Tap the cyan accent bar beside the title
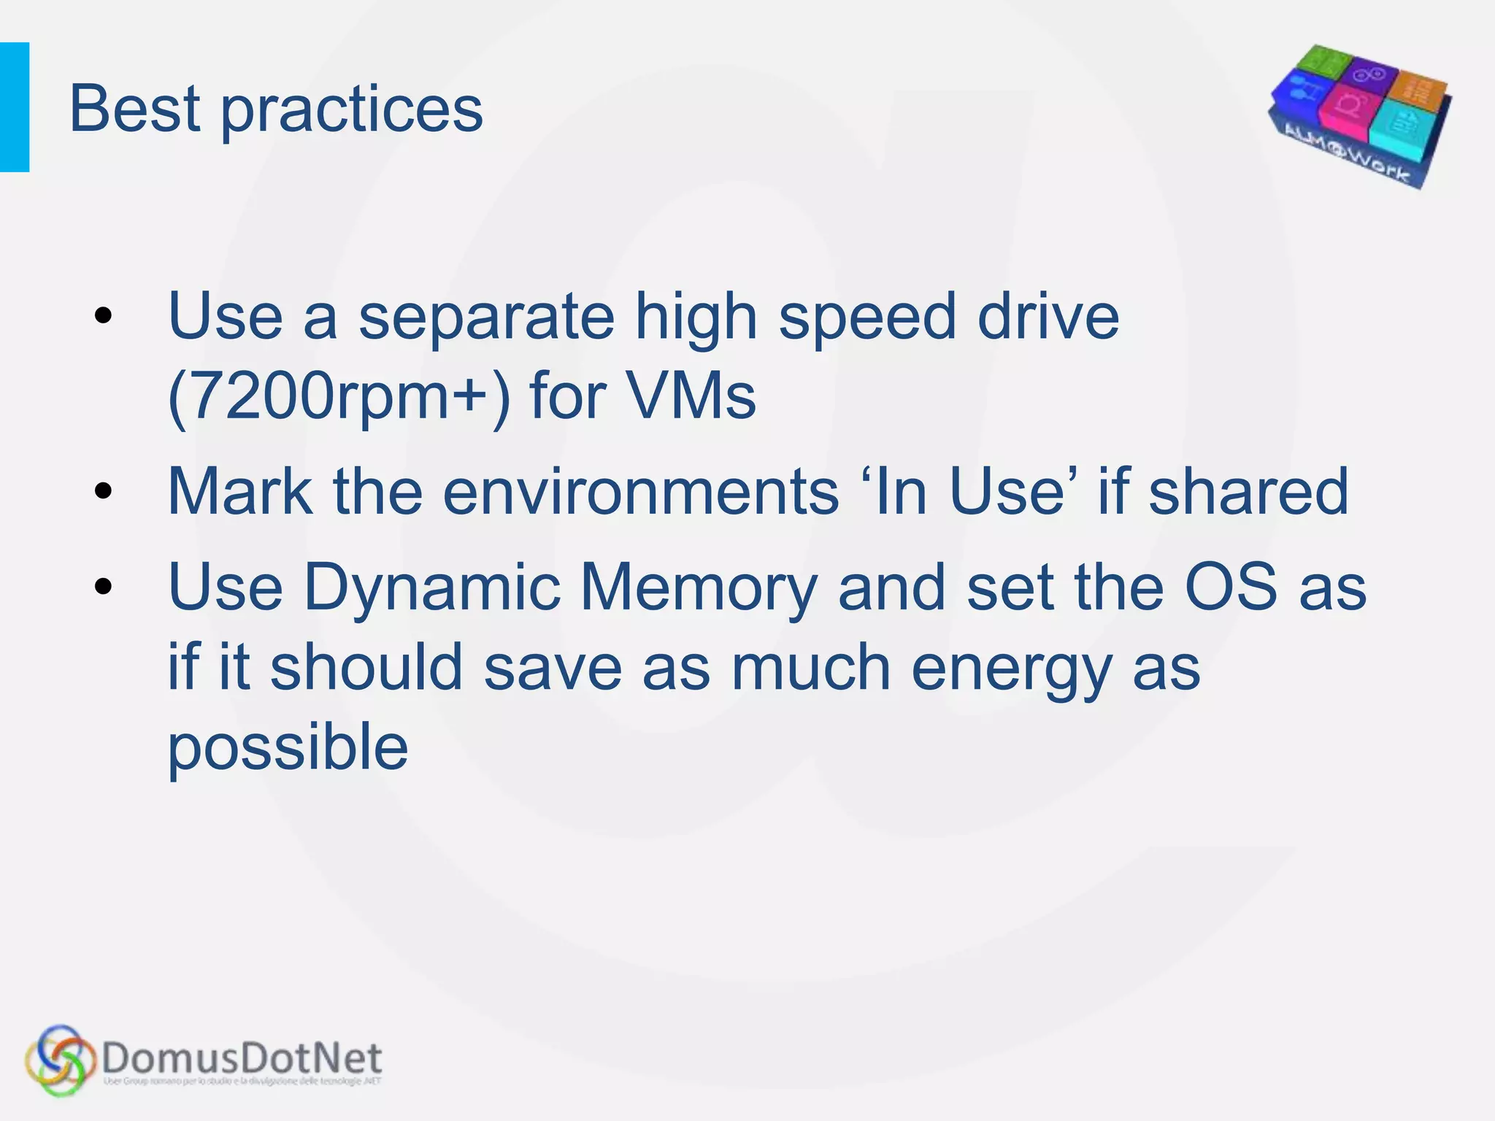(15, 107)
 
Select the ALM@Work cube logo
(1360, 117)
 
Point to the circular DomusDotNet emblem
(60, 1060)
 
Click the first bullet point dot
(104, 316)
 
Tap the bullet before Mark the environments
(104, 491)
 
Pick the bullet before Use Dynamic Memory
(104, 586)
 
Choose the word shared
(1248, 491)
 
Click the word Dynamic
(431, 588)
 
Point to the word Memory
(699, 588)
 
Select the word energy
(1012, 669)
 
